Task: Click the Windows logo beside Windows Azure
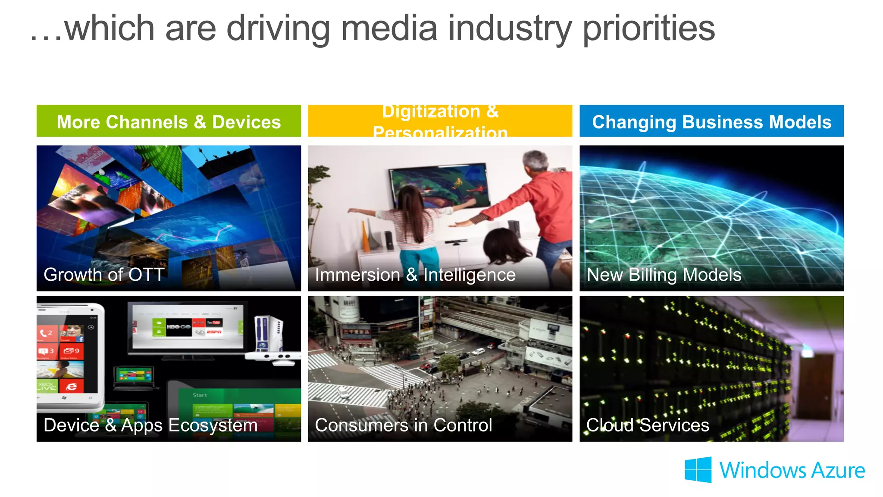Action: click(698, 469)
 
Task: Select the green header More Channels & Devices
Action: click(169, 122)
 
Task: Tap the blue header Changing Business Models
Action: click(711, 122)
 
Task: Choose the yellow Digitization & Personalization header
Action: click(440, 122)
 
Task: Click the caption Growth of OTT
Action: click(104, 275)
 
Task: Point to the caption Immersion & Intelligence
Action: click(415, 275)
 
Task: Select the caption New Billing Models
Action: click(664, 275)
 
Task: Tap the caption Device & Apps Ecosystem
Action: click(150, 425)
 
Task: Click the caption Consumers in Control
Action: click(404, 425)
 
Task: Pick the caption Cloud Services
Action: click(648, 425)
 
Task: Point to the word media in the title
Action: click(389, 28)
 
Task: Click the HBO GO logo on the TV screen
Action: click(178, 327)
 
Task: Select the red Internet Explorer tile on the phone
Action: click(72, 386)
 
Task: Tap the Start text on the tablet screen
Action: click(200, 395)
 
